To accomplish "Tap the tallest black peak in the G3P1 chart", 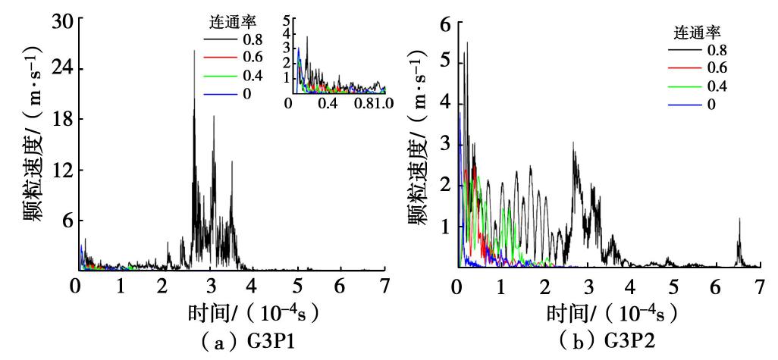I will point(194,52).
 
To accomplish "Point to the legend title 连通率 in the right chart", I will point(697,33).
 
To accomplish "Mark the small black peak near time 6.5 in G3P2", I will point(739,220).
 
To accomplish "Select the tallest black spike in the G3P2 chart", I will point(467,43).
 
